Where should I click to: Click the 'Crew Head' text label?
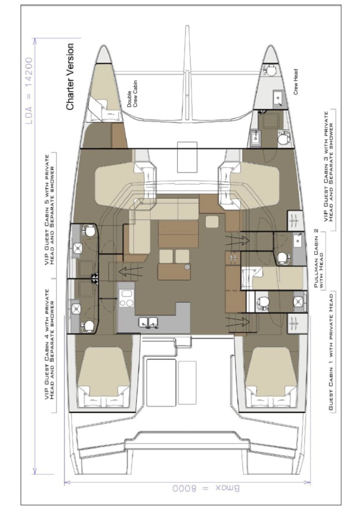296,83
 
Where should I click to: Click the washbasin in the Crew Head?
278,98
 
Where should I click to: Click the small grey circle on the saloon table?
187,267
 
